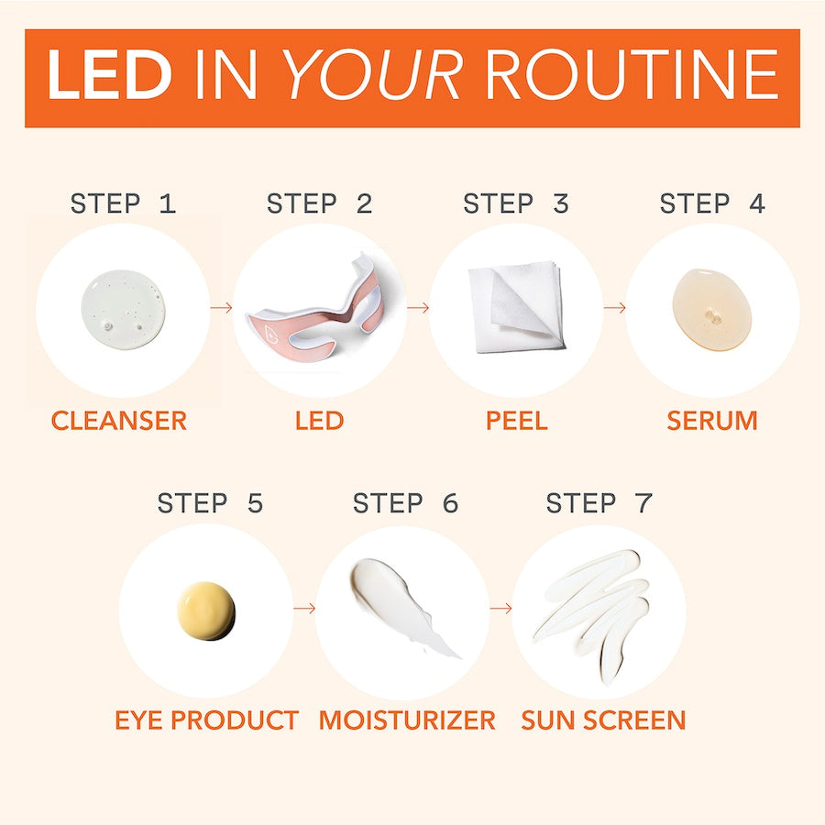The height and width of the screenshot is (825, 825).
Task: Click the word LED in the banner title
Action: [x=108, y=76]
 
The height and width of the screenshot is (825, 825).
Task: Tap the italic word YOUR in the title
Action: [x=372, y=76]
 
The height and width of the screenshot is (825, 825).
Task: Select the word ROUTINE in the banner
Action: [x=632, y=76]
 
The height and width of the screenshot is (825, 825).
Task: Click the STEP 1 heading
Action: [x=123, y=203]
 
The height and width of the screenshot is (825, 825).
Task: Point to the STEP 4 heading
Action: [x=711, y=203]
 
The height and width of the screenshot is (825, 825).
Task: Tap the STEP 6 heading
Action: [x=405, y=503]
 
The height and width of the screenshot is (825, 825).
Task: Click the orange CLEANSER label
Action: [x=119, y=421]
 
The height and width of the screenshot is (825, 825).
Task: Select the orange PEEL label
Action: [x=516, y=421]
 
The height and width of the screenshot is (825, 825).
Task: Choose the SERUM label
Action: [x=712, y=421]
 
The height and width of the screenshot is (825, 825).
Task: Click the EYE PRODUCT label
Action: [x=206, y=720]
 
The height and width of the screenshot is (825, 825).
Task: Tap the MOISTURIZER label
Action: [x=407, y=720]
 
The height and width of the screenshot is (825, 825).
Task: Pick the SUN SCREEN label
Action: [x=603, y=720]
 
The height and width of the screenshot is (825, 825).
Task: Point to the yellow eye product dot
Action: [x=206, y=610]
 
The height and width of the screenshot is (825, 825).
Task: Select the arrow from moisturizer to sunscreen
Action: [x=500, y=608]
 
